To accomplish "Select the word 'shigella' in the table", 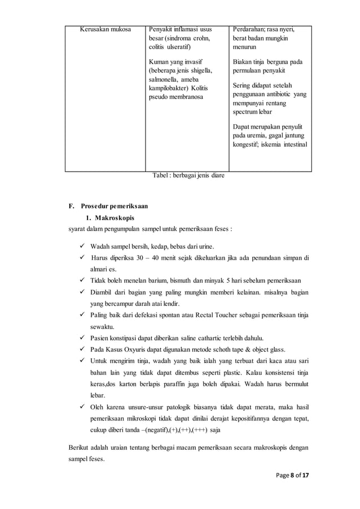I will coord(200,71).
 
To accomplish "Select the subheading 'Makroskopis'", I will coord(114,217).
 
